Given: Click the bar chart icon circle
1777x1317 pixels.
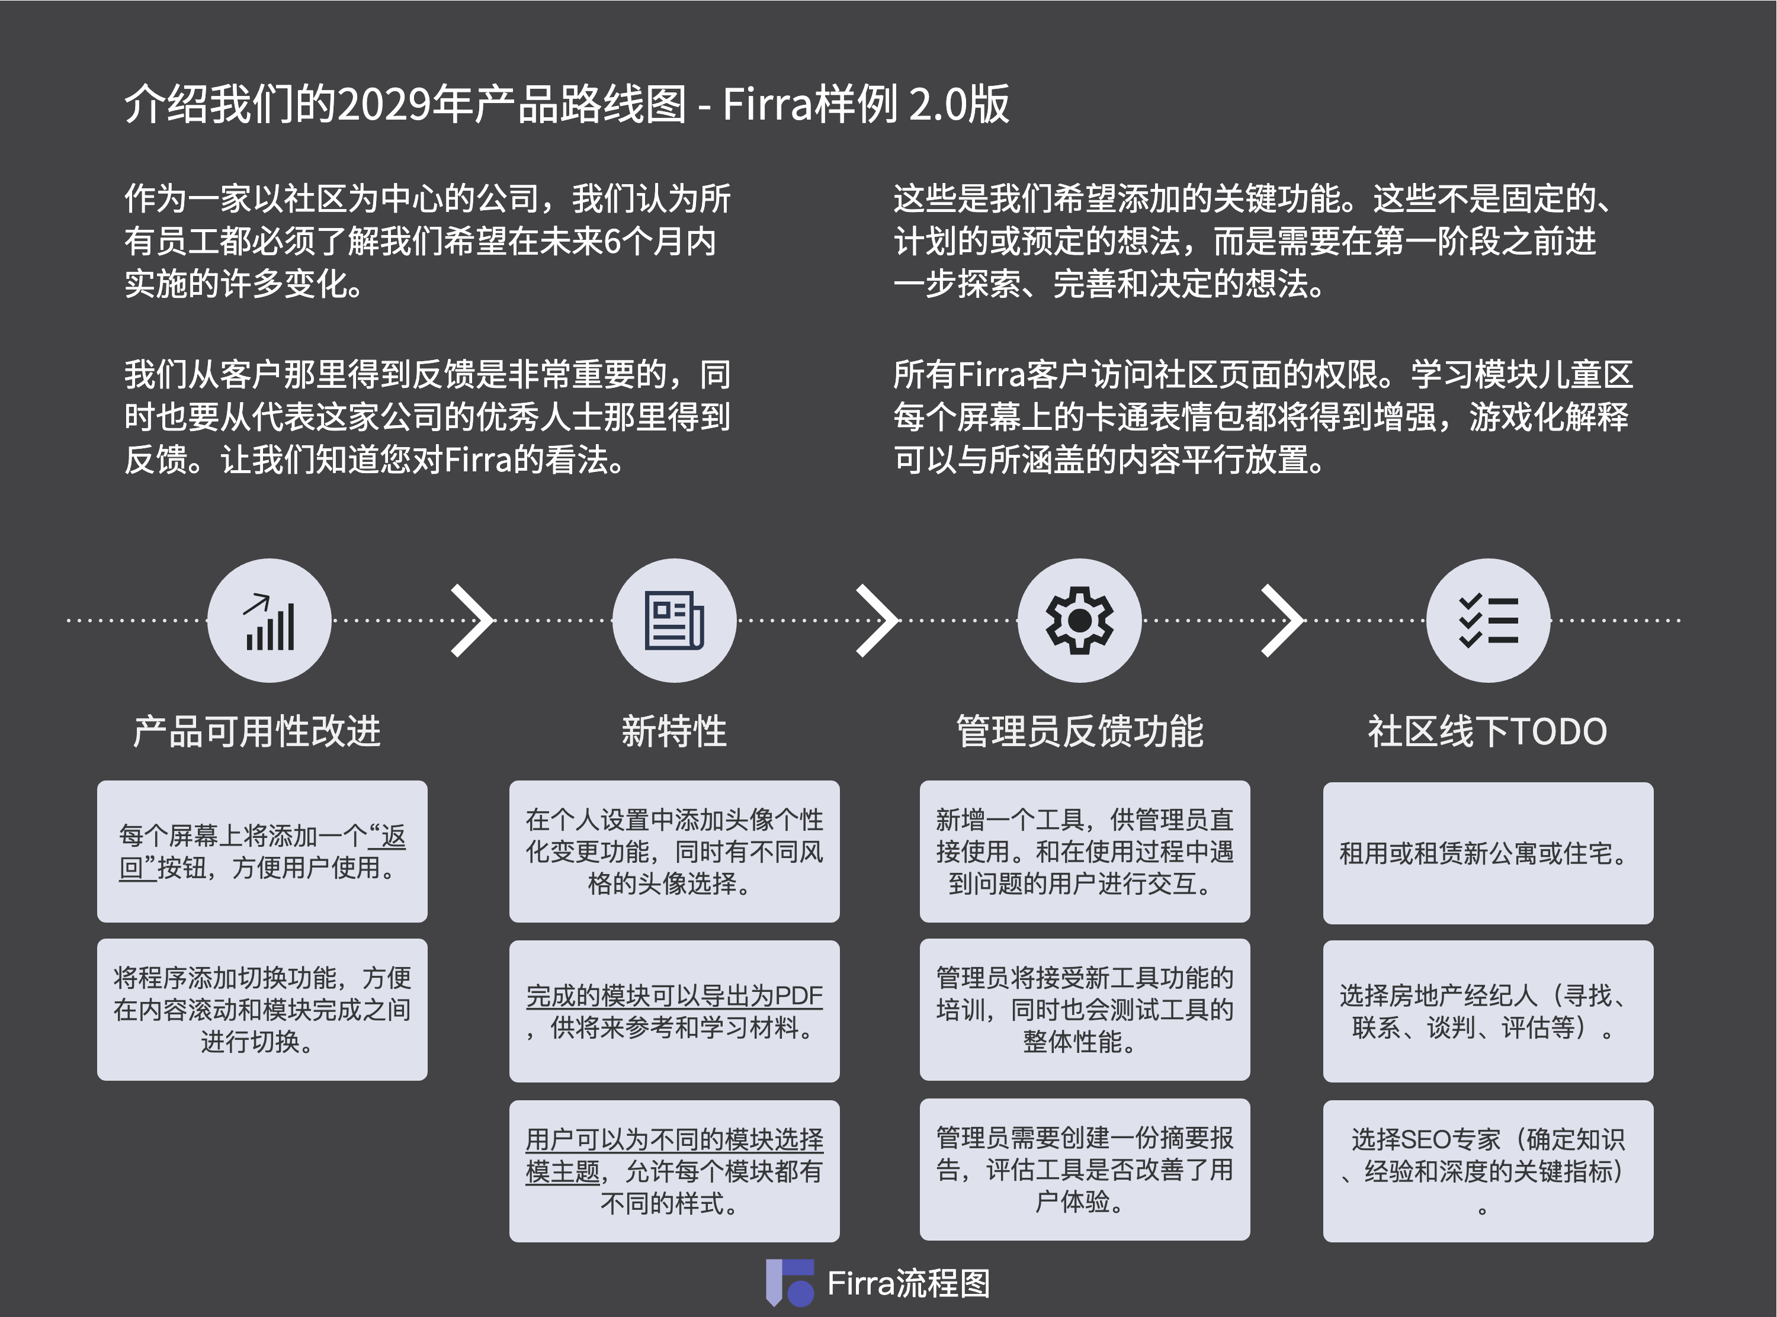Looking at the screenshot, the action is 270,620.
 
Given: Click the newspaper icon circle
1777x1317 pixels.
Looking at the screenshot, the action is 675,620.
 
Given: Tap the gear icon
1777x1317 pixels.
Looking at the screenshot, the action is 1079,620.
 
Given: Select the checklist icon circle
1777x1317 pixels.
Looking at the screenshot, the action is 1487,620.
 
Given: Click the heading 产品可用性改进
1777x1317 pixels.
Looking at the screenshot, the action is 256,731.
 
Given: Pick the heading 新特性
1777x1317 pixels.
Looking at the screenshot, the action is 675,731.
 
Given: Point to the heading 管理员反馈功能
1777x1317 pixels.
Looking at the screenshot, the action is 1079,731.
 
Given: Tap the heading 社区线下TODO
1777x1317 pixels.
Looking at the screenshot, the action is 1487,731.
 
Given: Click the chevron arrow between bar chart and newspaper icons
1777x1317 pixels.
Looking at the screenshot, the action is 472,620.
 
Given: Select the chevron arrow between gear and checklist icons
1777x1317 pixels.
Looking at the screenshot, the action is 1282,620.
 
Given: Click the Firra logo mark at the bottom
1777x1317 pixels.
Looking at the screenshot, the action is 789,1283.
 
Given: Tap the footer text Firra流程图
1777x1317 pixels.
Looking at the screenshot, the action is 909,1283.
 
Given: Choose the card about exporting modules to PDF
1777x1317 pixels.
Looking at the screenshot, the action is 675,1011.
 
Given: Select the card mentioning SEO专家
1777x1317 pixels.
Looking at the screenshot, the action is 1487,1170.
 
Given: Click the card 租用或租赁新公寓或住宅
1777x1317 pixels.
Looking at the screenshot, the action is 1487,853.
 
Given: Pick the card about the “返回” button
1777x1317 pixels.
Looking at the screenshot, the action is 262,852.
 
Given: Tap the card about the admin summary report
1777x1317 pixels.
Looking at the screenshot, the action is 1084,1169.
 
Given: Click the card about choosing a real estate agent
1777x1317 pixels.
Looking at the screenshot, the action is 1487,1011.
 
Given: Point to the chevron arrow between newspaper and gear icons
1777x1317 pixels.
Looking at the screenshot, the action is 877,620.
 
